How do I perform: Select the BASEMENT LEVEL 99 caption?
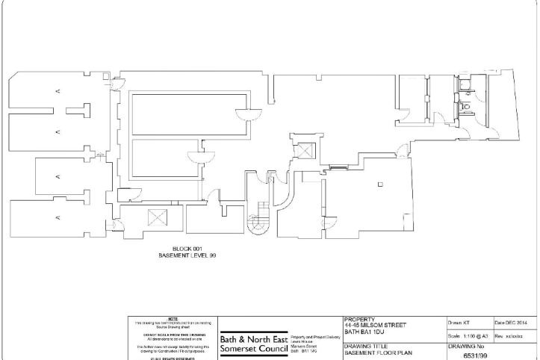(187, 255)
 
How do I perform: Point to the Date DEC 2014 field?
(512, 322)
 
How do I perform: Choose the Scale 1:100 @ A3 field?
(468, 337)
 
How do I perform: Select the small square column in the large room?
(380, 184)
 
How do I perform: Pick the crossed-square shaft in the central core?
(306, 152)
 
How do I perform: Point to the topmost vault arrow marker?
(58, 91)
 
